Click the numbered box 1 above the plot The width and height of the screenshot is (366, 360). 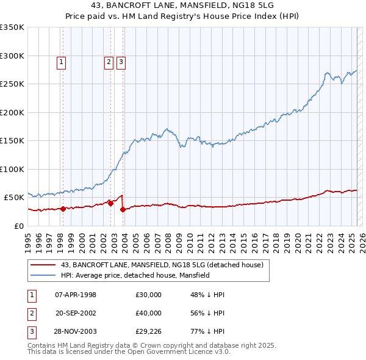pyautogui.click(x=62, y=62)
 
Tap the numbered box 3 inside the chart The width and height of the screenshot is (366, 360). pyautogui.click(x=121, y=62)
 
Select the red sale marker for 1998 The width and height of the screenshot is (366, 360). pyautogui.click(x=63, y=209)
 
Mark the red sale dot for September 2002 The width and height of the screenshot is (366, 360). pyautogui.click(x=110, y=203)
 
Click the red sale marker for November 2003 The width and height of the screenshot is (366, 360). pyautogui.click(x=123, y=209)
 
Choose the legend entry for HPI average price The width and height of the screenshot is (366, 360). pyautogui.click(x=135, y=275)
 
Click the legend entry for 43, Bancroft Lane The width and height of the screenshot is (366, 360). pyautogui.click(x=162, y=265)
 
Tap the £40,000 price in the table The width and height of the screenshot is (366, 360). pyautogui.click(x=148, y=313)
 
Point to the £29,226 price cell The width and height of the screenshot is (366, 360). pyautogui.click(x=148, y=331)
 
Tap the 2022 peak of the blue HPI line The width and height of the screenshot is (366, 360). pyautogui.click(x=328, y=73)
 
